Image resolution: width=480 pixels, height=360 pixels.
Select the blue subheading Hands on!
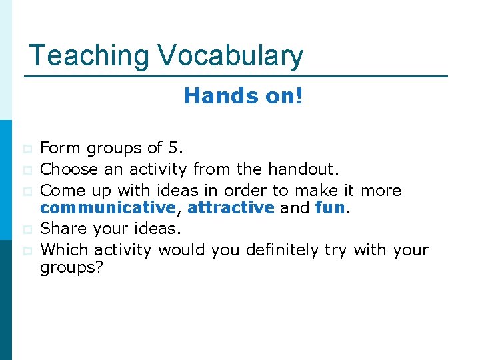pos(243,96)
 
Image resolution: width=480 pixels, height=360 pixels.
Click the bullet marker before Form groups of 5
pos(27,149)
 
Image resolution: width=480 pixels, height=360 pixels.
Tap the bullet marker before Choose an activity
pos(27,170)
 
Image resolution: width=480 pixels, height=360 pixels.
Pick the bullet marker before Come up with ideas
pos(27,191)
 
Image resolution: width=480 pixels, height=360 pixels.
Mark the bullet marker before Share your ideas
pos(27,229)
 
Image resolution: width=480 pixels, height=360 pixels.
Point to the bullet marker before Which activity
pos(27,251)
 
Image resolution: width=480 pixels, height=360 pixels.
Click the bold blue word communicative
pos(108,208)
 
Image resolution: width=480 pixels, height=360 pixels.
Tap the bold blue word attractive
pos(231,208)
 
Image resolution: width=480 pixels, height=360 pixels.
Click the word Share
pos(61,229)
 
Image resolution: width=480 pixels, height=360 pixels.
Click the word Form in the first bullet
pos(57,148)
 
